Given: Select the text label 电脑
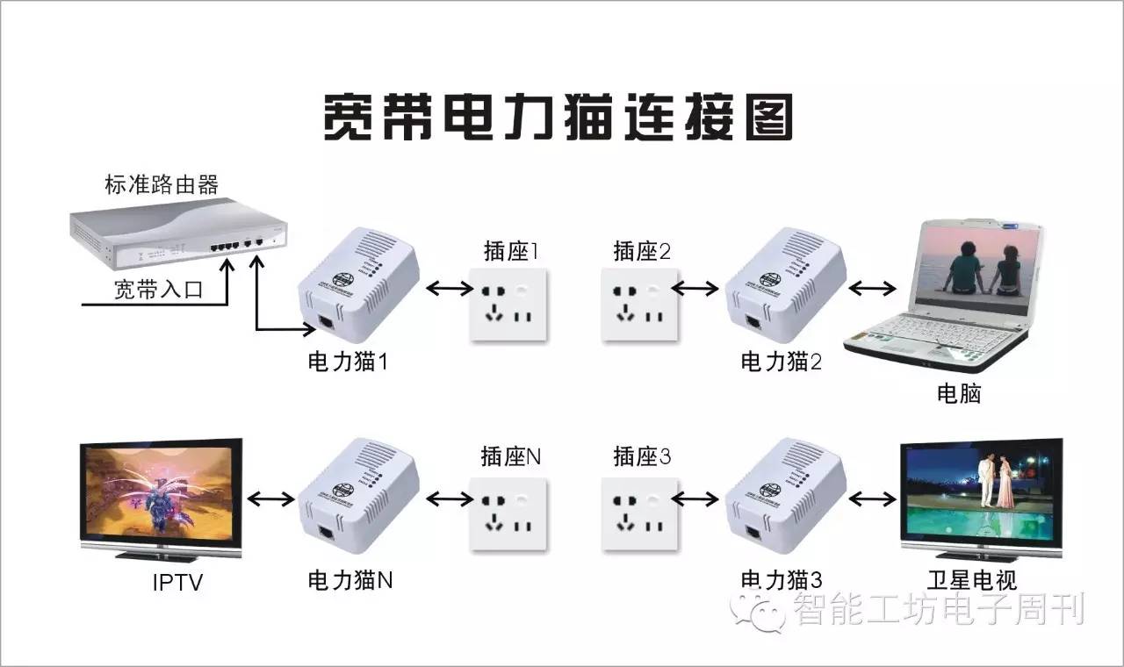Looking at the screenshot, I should pyautogui.click(x=958, y=394).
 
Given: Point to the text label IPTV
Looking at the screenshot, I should pyautogui.click(x=177, y=581).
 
